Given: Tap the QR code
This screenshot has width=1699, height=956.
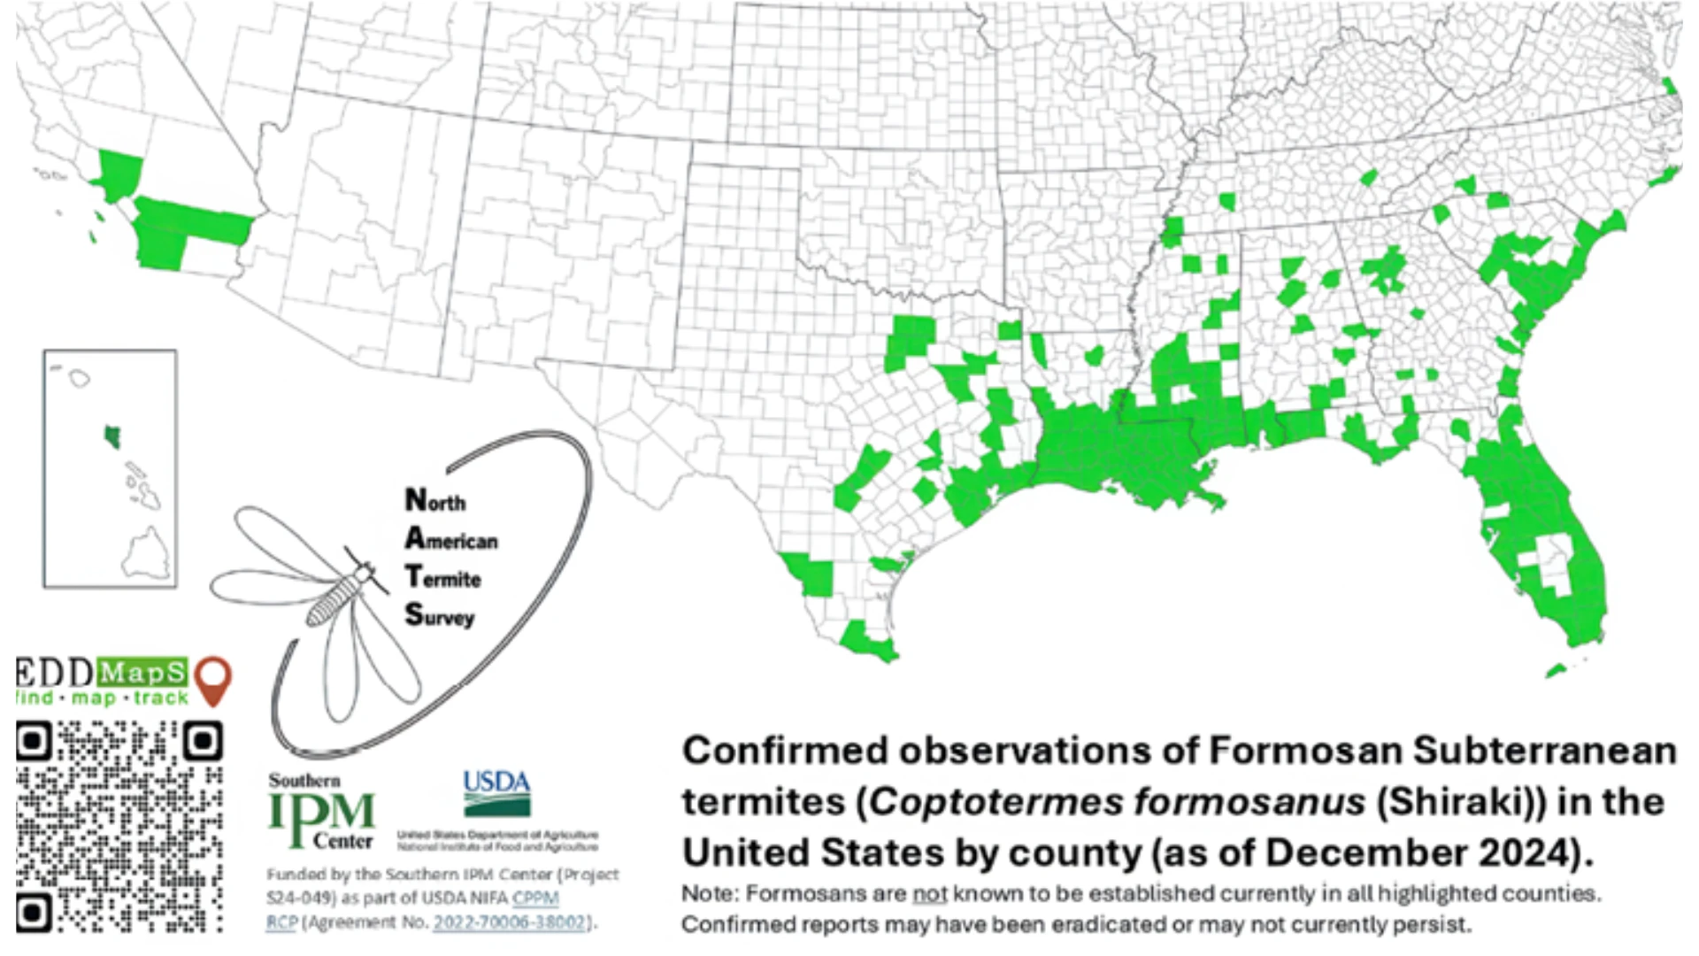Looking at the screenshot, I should tap(119, 827).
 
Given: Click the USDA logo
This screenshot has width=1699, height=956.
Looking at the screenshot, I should tap(496, 793).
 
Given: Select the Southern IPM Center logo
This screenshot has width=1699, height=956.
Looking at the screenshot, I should tap(322, 811).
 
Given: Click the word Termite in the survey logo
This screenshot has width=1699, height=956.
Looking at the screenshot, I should tap(443, 578).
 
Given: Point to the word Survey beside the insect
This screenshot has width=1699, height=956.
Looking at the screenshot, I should tap(440, 615).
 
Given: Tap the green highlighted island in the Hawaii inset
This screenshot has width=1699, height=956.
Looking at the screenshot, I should tap(112, 436).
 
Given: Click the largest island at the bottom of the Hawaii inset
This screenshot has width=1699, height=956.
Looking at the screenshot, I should tap(146, 554).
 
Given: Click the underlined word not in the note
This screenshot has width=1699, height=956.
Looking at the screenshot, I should tap(929, 894).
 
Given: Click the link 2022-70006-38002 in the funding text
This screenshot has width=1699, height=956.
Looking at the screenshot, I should tap(510, 922).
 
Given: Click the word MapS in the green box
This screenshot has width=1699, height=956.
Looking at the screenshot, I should tap(142, 674).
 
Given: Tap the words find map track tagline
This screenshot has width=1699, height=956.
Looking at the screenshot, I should tap(102, 698).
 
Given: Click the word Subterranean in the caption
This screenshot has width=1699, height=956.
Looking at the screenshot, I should tap(1544, 751).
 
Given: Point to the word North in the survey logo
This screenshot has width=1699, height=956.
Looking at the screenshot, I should tap(435, 501).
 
